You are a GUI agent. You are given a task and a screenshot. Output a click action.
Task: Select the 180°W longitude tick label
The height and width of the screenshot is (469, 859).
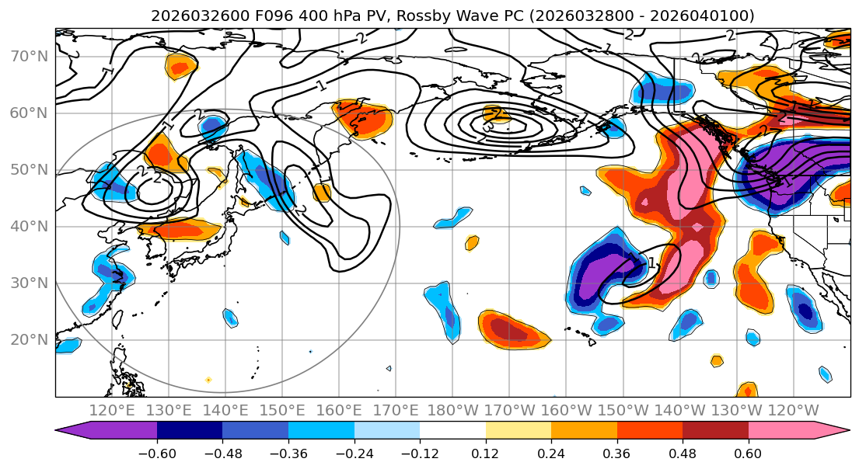[452, 411]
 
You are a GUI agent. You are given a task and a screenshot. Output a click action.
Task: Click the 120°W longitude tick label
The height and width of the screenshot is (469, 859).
[793, 411]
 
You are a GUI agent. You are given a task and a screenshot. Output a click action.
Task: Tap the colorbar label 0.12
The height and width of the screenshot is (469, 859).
[486, 452]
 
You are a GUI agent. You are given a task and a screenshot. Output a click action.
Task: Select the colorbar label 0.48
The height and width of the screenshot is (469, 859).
[683, 452]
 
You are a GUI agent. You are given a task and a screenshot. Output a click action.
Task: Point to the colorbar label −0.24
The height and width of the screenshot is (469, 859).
[354, 452]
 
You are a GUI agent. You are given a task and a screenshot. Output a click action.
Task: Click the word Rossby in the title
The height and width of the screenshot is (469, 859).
[419, 16]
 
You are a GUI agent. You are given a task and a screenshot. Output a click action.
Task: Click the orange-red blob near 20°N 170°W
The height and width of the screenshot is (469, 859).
[514, 329]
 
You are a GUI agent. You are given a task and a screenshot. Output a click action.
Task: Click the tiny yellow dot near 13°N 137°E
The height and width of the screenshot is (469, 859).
[208, 380]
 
